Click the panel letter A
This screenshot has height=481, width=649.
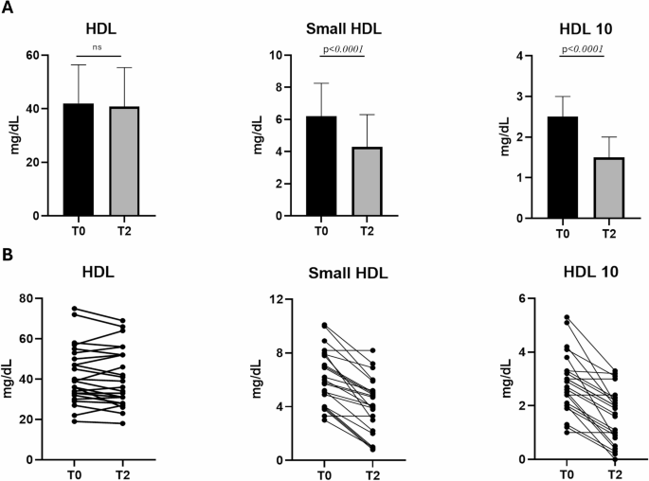(8, 9)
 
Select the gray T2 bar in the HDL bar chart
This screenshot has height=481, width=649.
(124, 161)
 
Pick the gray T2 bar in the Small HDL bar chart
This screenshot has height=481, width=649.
(368, 181)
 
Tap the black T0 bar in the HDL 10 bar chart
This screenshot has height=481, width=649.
(567, 167)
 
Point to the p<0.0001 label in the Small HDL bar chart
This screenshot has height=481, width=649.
(344, 49)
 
